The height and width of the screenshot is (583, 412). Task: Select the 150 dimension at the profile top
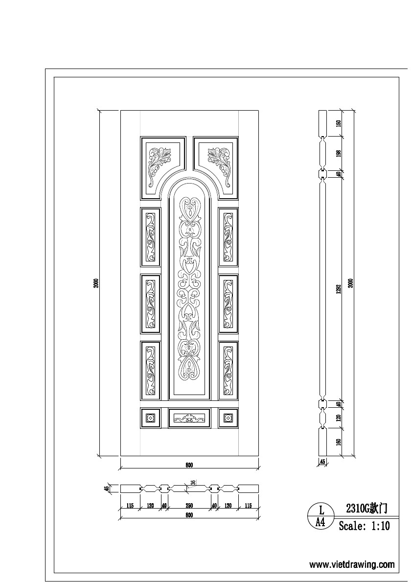click(338, 123)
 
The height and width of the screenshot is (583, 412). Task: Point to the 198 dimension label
click(338, 153)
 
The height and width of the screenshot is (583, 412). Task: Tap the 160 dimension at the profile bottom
click(338, 442)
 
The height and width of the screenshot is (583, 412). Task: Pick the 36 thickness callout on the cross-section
click(193, 483)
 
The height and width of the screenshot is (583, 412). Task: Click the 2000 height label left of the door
click(97, 283)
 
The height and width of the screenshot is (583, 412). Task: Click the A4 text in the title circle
click(321, 522)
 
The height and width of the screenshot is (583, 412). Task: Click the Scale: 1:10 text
click(365, 527)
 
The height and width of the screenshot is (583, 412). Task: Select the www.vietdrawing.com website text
click(352, 564)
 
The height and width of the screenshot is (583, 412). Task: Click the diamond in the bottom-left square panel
click(150, 418)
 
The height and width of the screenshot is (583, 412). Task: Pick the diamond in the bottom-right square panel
click(228, 418)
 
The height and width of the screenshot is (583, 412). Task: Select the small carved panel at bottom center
click(189, 418)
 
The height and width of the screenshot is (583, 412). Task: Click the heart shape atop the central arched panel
click(189, 209)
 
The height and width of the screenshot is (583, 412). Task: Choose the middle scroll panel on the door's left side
click(151, 304)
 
